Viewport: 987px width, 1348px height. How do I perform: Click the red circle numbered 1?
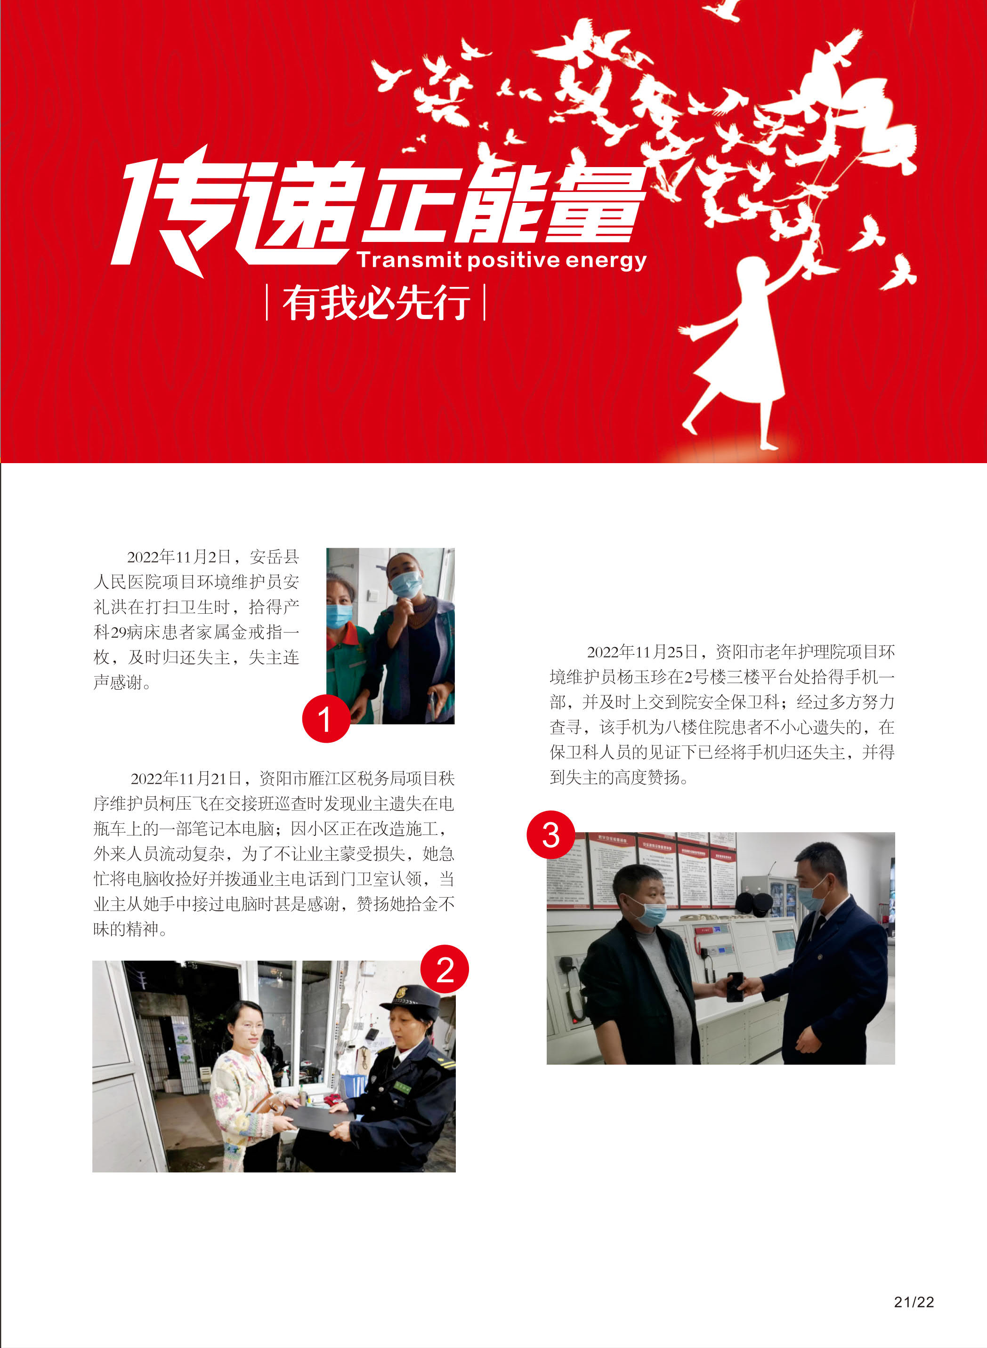coord(325,719)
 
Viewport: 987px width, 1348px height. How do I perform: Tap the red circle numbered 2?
coord(445,969)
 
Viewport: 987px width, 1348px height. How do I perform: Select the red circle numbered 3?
coord(550,834)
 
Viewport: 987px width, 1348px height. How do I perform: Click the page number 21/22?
coord(914,1302)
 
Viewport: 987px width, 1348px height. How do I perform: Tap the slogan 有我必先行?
coord(376,303)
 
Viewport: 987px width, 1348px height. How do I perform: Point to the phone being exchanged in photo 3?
coord(735,986)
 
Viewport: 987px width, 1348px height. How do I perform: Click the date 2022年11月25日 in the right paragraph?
coord(642,651)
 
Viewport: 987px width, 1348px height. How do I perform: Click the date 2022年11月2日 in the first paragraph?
coord(178,557)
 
